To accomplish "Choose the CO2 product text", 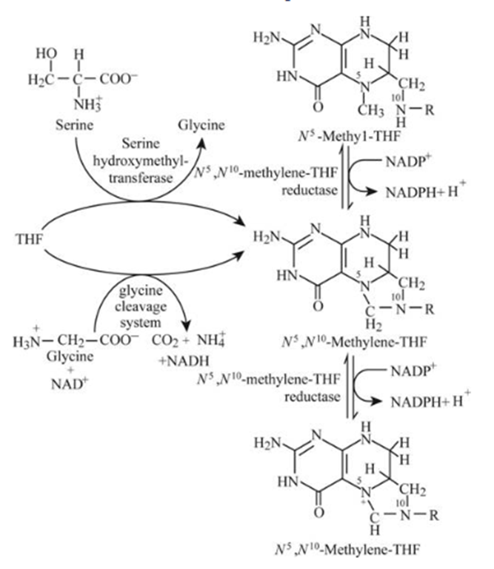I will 169,343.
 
